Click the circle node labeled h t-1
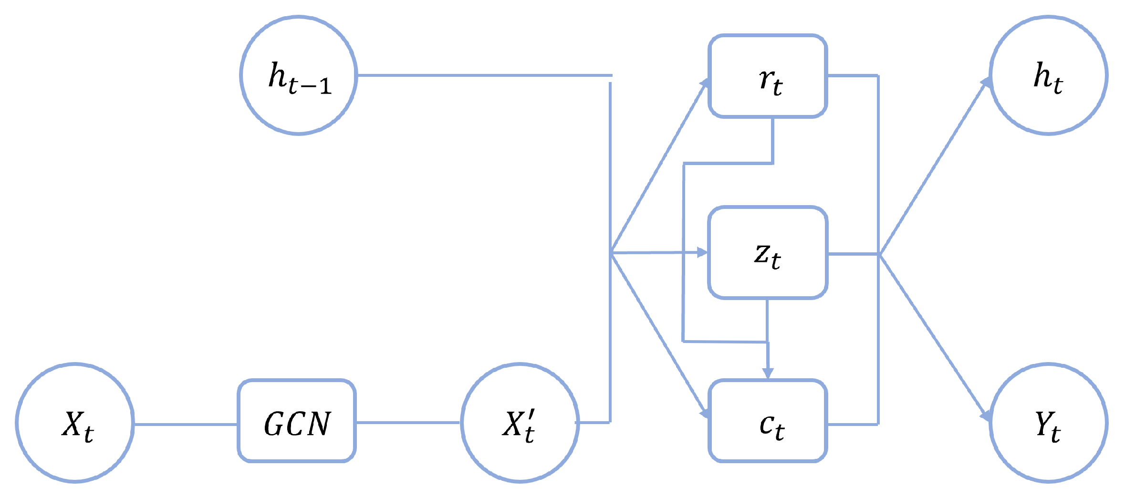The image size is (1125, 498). pos(299,75)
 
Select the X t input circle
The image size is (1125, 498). pos(75,423)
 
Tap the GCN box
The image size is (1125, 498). pos(297,421)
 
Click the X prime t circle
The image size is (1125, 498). pos(520,423)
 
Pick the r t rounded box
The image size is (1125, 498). pos(768,76)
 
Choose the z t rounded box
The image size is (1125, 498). pos(768,253)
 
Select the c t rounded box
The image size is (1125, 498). pos(768,421)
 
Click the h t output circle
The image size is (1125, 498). pos(1048,75)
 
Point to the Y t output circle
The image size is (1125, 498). pos(1048,423)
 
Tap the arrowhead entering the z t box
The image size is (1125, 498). pos(702,252)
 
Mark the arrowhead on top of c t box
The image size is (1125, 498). pos(768,373)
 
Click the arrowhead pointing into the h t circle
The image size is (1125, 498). pos(986,83)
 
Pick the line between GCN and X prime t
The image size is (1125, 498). pos(408,422)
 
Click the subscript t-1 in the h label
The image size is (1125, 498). pos(310,86)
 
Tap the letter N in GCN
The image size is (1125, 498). pos(318,424)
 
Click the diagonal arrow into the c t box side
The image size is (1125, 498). pos(658,334)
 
